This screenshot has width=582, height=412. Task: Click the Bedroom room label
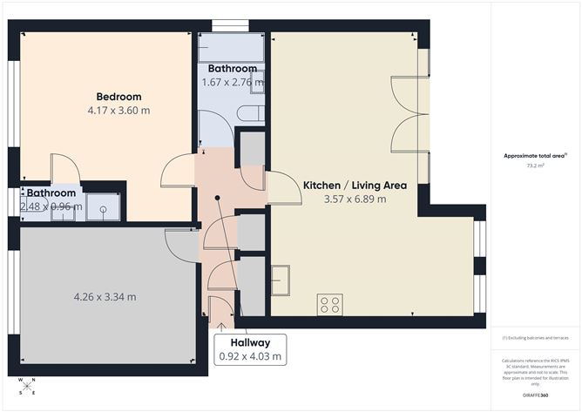pyautogui.click(x=118, y=97)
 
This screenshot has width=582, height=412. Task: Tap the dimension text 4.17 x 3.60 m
pyautogui.click(x=118, y=111)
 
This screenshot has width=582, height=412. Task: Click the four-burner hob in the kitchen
pyautogui.click(x=330, y=304)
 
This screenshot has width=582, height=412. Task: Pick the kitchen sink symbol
pyautogui.click(x=281, y=281)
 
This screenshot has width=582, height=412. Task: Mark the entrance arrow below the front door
pyautogui.click(x=220, y=326)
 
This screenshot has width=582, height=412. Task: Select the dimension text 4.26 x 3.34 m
pyautogui.click(x=105, y=297)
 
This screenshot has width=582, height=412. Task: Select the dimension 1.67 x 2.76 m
pyautogui.click(x=232, y=83)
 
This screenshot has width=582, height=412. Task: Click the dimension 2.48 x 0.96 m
pyautogui.click(x=51, y=207)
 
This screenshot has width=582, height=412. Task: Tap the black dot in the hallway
pyautogui.click(x=218, y=197)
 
